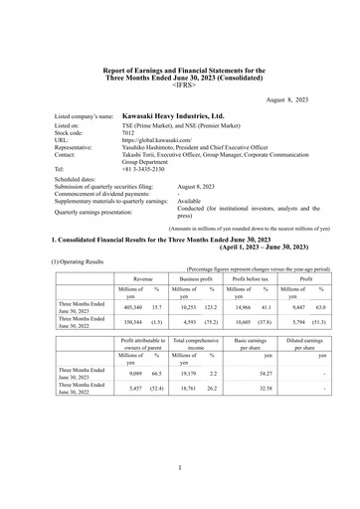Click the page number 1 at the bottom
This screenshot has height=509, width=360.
click(180, 466)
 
